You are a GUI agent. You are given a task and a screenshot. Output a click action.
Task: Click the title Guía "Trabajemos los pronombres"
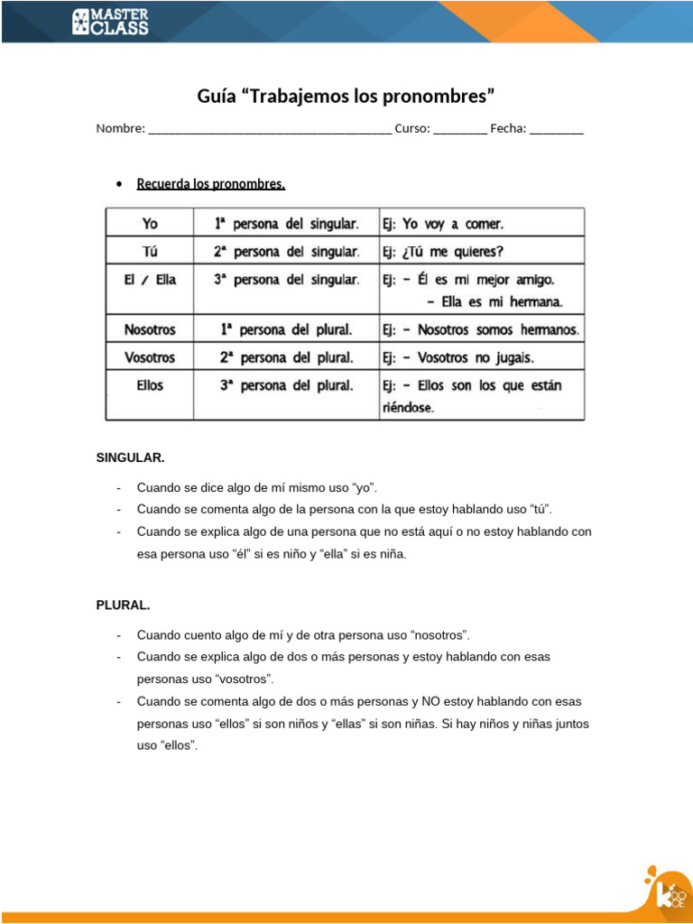(x=346, y=96)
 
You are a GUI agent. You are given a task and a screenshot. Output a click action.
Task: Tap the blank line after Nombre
(x=269, y=129)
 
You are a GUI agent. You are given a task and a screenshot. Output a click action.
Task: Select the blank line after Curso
(x=460, y=129)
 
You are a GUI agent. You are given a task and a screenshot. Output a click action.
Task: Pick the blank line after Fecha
(x=557, y=129)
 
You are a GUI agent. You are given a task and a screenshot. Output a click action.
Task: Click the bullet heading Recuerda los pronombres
(x=210, y=184)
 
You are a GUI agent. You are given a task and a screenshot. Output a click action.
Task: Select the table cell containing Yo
(x=150, y=223)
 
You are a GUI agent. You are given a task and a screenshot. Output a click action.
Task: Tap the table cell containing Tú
(x=150, y=251)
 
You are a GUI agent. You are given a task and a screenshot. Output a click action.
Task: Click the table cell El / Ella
(x=150, y=280)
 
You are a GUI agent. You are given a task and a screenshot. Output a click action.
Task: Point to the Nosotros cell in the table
(x=150, y=328)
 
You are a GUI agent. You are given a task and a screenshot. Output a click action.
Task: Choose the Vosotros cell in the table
(x=150, y=356)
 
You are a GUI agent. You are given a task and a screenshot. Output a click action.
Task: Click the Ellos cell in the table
(x=150, y=385)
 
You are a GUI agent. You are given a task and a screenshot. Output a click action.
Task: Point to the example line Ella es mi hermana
(x=494, y=301)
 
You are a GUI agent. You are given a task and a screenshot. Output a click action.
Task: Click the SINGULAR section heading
(x=131, y=457)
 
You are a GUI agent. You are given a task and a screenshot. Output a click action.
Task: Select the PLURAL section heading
(x=123, y=605)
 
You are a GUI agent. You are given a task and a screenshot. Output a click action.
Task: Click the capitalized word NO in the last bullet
(x=430, y=701)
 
